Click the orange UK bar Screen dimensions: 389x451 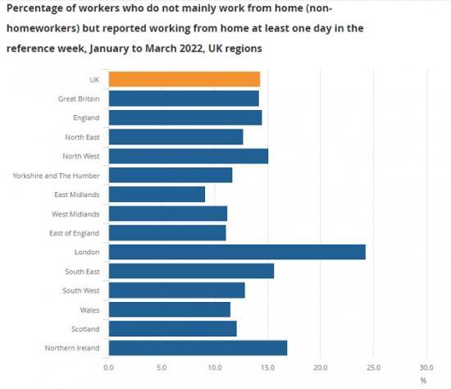[x=184, y=79]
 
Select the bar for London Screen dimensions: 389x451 [x=236, y=252]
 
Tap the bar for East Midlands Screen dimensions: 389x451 [x=156, y=194]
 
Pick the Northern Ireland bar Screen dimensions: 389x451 [x=197, y=348]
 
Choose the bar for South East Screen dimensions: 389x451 [x=190, y=271]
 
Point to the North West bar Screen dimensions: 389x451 [x=188, y=156]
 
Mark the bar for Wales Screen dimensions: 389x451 [x=169, y=309]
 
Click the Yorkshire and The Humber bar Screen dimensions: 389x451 [x=170, y=175]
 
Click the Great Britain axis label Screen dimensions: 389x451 [x=79, y=98]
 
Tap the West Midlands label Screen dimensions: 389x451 [x=75, y=213]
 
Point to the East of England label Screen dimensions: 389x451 [x=76, y=233]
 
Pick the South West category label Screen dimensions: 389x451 [x=81, y=291]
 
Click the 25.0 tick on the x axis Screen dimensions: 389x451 [x=373, y=368]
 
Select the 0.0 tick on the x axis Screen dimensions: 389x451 [x=108, y=368]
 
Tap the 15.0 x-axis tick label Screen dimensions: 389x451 [x=267, y=368]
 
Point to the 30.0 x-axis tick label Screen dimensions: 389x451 [x=426, y=368]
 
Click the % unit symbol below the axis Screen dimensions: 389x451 [x=423, y=380]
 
